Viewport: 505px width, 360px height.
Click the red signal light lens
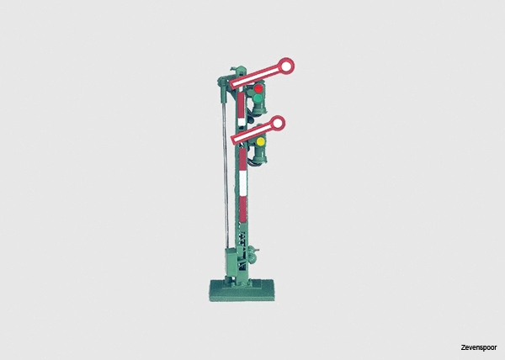[x=258, y=88]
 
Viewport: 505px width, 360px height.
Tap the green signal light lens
[x=257, y=98]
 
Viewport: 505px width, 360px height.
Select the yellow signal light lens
[x=261, y=141]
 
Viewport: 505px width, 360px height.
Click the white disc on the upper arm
[x=286, y=66]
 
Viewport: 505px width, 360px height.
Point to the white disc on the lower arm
[x=277, y=124]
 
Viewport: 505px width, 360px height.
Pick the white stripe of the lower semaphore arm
[x=253, y=133]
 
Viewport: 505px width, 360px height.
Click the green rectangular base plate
[x=242, y=290]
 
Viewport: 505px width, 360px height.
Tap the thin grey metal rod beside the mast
[x=225, y=175]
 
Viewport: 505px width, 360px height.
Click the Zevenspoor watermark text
[x=479, y=347]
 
